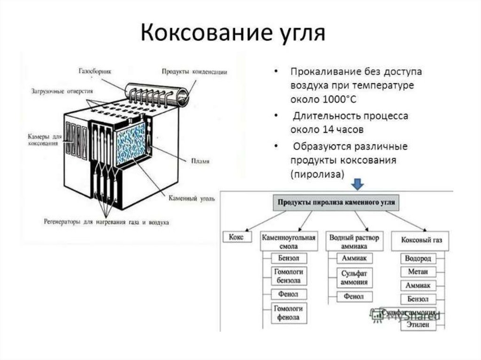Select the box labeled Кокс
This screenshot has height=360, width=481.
[235, 237]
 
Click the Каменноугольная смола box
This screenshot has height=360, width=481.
[288, 241]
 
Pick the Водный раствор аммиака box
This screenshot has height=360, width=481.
[354, 241]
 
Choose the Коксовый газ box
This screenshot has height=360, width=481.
[421, 240]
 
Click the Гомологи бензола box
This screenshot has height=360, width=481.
[288, 276]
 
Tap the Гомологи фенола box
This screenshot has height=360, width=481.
[288, 313]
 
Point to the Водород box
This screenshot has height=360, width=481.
[419, 259]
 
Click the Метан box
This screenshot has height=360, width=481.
[419, 272]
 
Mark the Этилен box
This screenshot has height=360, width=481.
[419, 325]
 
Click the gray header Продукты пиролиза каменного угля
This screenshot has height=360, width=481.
[337, 203]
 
